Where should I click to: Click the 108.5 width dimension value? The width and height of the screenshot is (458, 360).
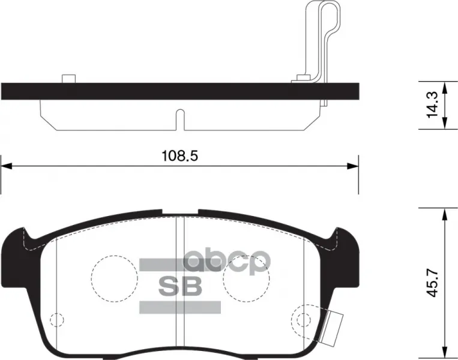pyautogui.click(x=179, y=155)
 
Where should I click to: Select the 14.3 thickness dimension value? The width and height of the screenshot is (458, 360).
pyautogui.click(x=432, y=105)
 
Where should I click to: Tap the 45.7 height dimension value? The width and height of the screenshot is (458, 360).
pyautogui.click(x=433, y=283)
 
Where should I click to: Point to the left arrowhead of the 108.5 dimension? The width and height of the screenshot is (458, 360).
pyautogui.click(x=6, y=166)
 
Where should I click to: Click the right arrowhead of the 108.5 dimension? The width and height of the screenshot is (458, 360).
pyautogui.click(x=352, y=166)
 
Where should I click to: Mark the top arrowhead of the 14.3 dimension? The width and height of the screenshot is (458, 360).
pyautogui.click(x=444, y=87)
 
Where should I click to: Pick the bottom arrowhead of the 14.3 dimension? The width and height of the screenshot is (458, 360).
pyautogui.click(x=444, y=123)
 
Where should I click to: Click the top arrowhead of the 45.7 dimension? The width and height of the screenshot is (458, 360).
pyautogui.click(x=444, y=214)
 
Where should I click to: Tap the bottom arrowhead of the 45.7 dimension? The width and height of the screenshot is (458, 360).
pyautogui.click(x=444, y=350)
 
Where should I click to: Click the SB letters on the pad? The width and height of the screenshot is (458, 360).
pyautogui.click(x=180, y=286)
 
